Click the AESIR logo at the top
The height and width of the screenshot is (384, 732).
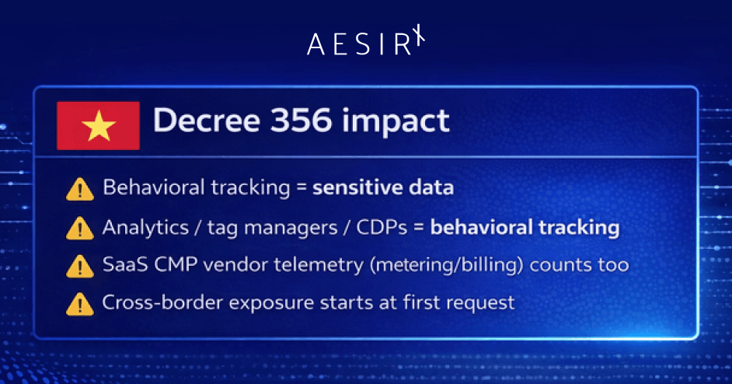coord(367,44)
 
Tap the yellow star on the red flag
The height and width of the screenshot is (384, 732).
coord(98,126)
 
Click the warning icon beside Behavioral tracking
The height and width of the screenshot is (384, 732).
coord(79,188)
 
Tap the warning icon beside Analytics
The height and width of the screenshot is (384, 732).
coord(79,228)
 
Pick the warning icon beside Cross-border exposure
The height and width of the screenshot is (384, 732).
coord(79,303)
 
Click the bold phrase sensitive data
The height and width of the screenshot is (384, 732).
coord(383,188)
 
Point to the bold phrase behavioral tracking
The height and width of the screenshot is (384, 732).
coord(525,228)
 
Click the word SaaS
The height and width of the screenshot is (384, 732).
coord(121,265)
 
